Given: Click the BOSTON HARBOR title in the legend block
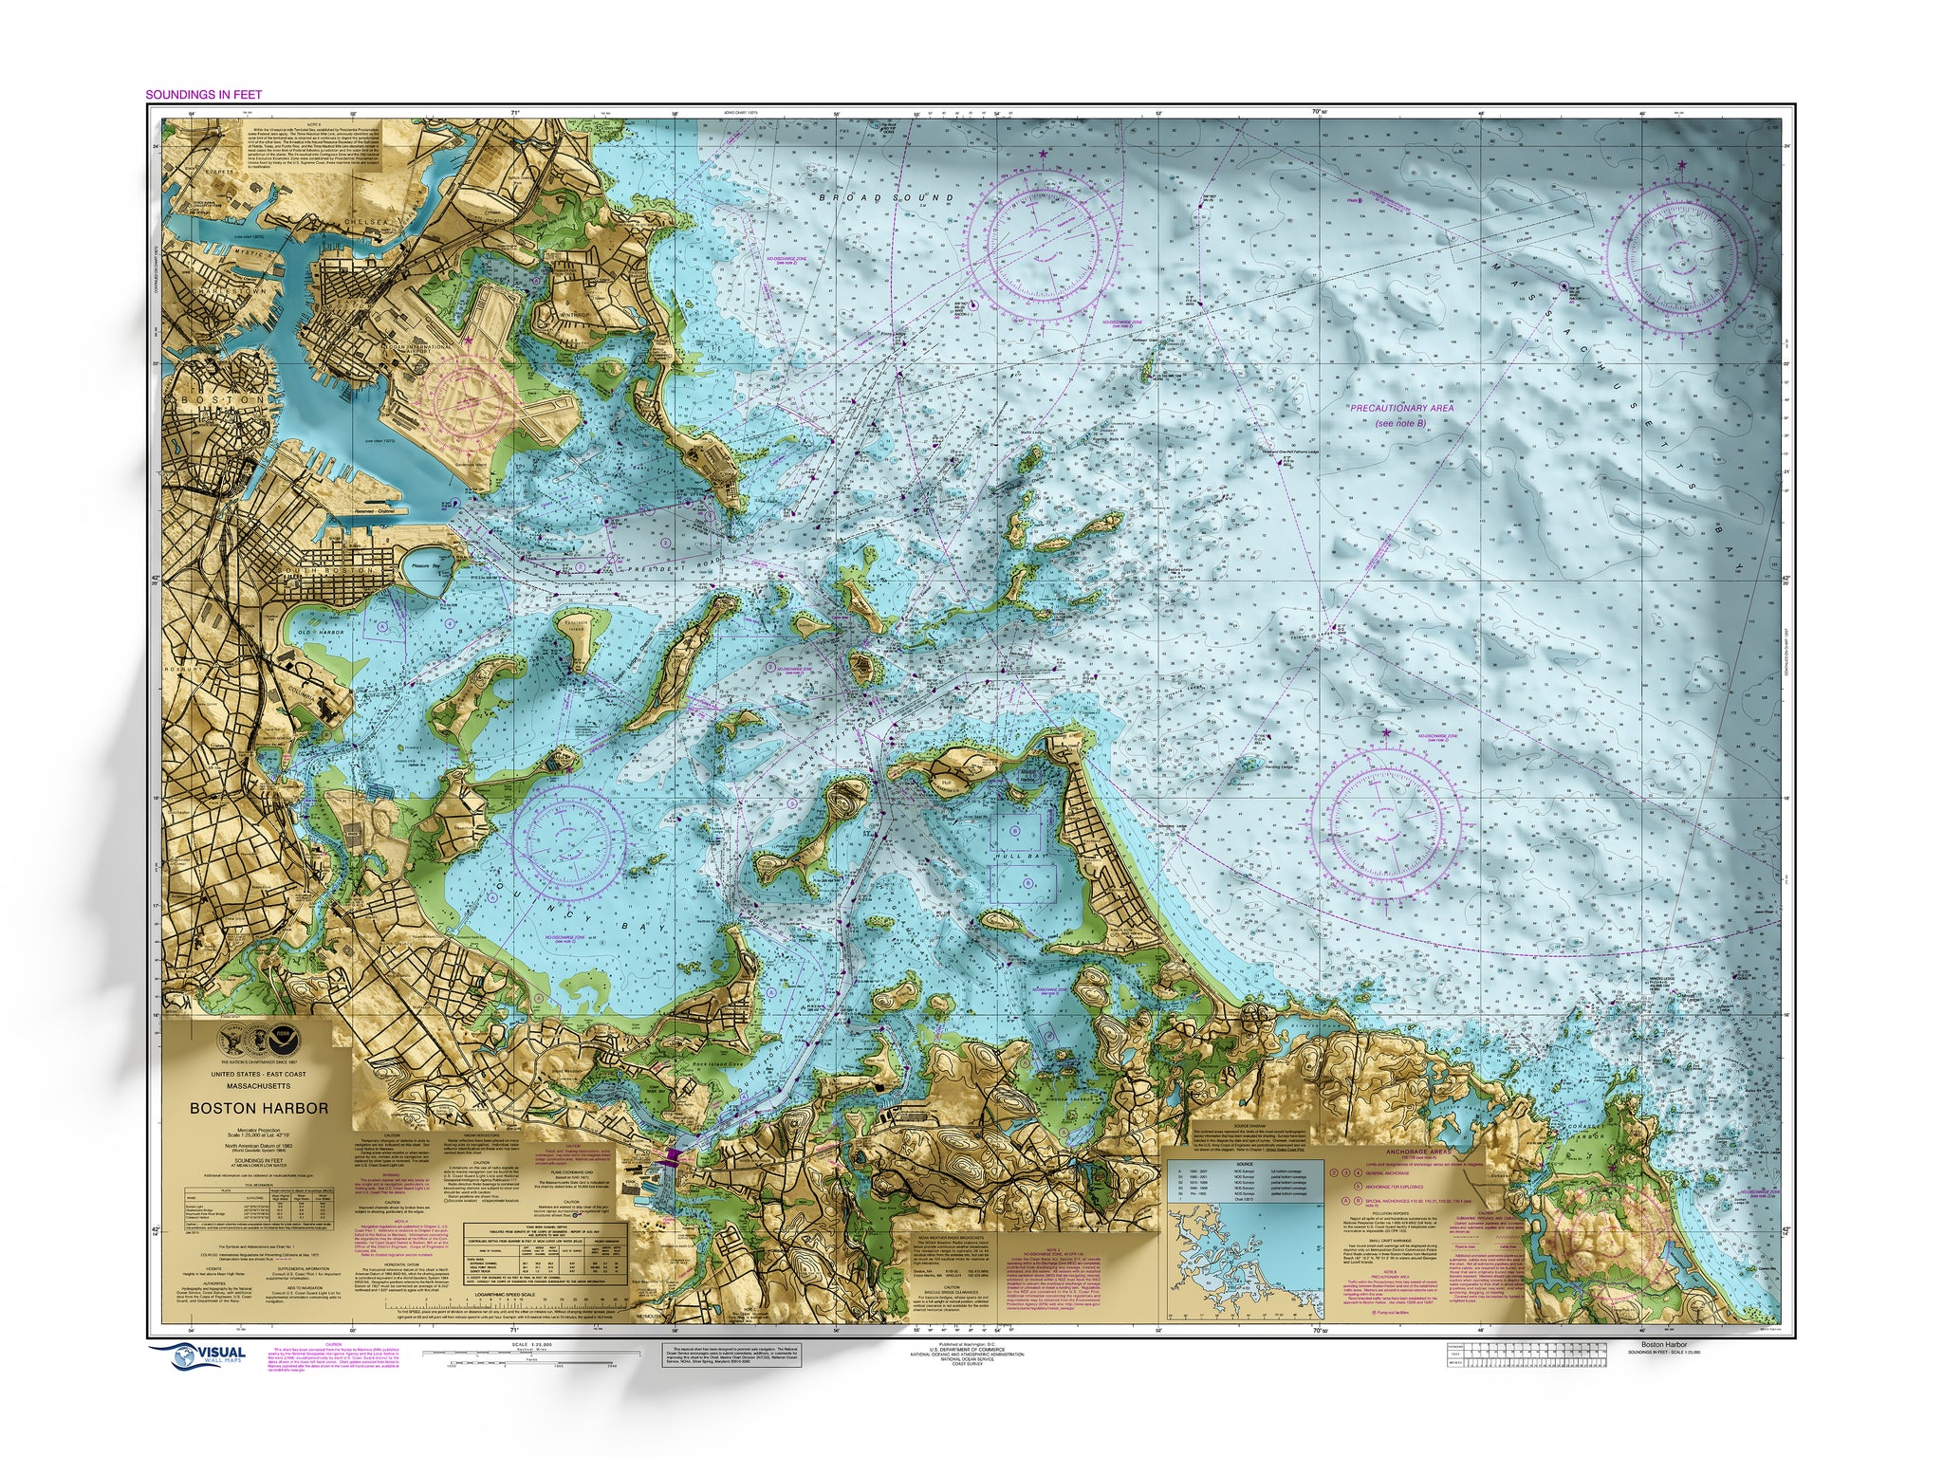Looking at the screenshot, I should click(259, 1108).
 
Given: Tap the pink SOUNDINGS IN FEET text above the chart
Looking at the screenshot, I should click(203, 95).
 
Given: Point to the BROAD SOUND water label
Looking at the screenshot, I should click(887, 198).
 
